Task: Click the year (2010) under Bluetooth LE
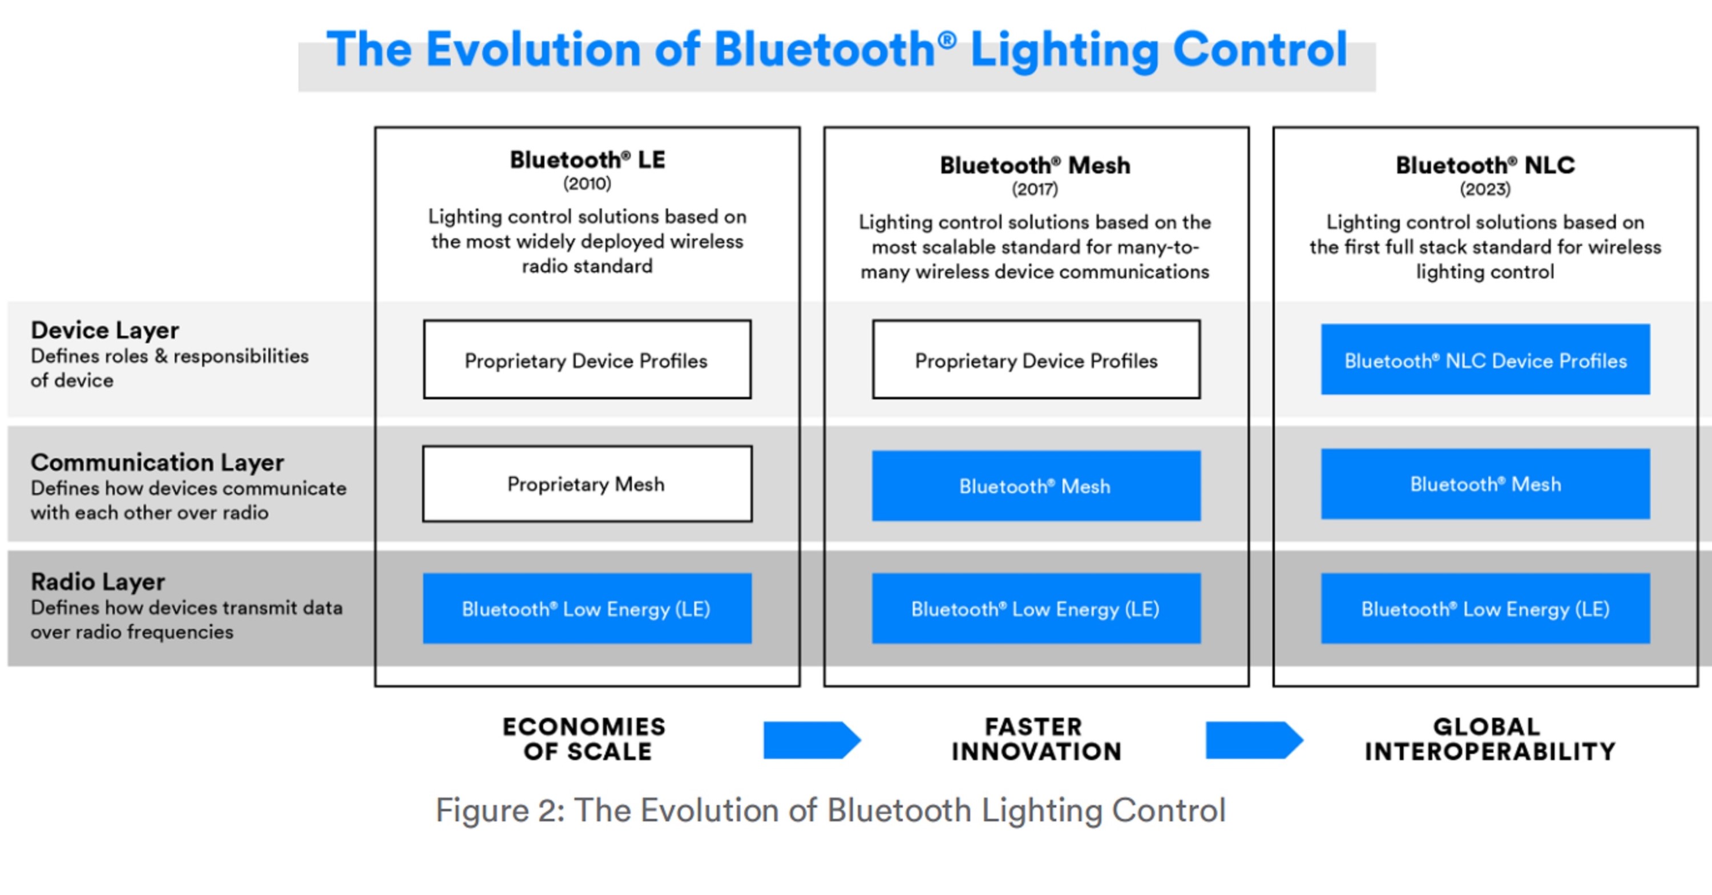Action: tap(587, 183)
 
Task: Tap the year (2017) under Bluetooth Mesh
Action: tap(1035, 189)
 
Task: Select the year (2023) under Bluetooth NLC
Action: tap(1485, 189)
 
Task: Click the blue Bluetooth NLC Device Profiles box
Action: tap(1485, 359)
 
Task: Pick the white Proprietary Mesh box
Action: tap(587, 484)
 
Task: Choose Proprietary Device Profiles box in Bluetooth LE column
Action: tap(587, 359)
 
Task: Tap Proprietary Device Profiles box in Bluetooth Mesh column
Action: tap(1036, 359)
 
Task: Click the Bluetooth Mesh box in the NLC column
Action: tap(1485, 484)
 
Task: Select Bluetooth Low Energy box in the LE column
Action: tap(587, 609)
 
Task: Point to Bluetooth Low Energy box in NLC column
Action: tap(1485, 609)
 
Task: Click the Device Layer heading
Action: tap(104, 330)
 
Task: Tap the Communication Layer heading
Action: tap(157, 463)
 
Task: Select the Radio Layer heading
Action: tap(98, 582)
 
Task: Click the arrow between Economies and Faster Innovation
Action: tap(811, 739)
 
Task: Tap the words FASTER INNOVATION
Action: tap(1035, 739)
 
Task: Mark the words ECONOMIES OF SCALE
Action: tap(584, 739)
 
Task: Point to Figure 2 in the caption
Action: tap(498, 811)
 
